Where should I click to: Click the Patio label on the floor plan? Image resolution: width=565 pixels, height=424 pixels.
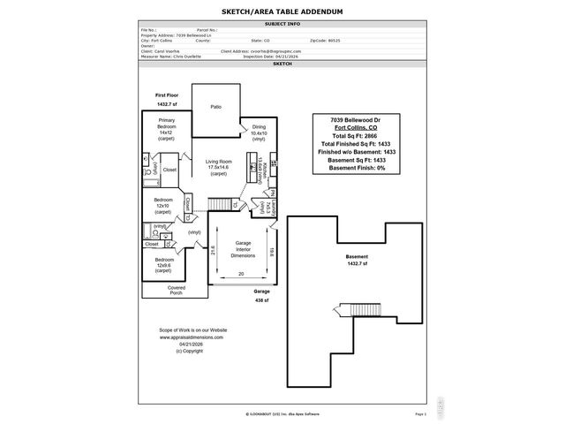click(215, 107)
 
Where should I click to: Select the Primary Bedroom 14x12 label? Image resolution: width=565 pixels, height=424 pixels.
click(167, 129)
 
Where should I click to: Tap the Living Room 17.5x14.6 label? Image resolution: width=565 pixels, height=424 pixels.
click(219, 167)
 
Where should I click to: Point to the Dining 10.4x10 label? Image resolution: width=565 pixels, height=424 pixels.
click(259, 132)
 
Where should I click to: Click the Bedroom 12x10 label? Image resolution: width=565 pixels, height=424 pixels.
click(162, 206)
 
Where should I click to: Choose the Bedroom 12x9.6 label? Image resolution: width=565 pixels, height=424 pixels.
click(162, 264)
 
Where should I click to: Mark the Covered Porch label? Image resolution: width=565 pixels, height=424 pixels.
click(177, 290)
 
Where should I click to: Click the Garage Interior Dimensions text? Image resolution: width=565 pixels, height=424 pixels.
click(243, 249)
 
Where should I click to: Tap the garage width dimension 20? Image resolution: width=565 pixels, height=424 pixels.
click(241, 275)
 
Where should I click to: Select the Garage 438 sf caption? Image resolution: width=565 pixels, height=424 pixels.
click(261, 295)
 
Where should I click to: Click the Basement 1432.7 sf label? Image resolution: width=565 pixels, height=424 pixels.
click(358, 260)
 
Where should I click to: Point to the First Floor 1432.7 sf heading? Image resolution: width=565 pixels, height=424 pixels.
click(168, 99)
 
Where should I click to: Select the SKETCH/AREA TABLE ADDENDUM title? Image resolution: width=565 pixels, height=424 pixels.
click(282, 12)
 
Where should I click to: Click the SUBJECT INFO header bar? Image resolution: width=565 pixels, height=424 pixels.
click(282, 24)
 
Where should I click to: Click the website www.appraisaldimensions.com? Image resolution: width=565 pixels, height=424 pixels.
click(192, 337)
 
